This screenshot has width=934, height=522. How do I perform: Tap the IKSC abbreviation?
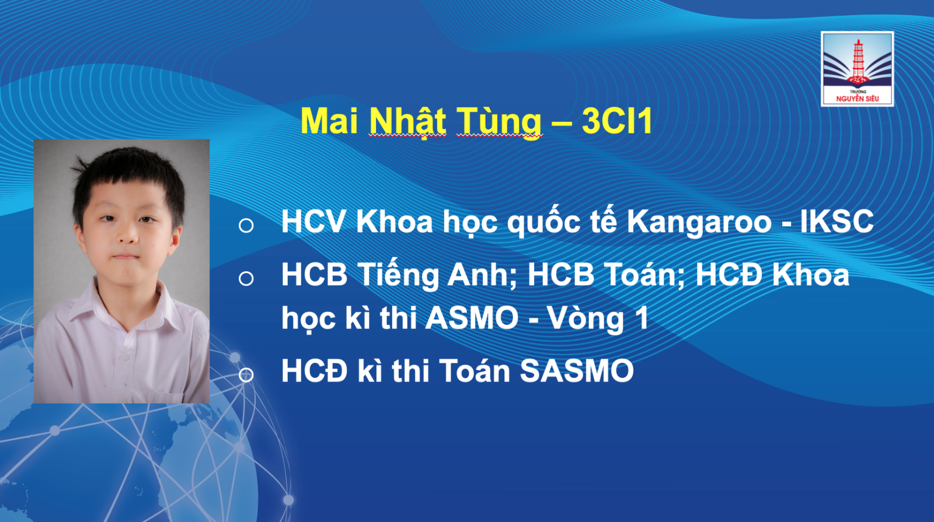coord(837,221)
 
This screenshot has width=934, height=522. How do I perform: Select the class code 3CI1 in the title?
coord(617,121)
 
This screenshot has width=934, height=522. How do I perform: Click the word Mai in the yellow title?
coord(329,121)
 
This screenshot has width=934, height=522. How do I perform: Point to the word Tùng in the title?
coord(499,122)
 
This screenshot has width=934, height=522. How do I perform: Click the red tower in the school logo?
coord(858,62)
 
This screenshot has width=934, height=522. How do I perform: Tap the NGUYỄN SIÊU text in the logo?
coord(858,99)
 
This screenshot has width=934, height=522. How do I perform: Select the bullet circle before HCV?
coord(246,225)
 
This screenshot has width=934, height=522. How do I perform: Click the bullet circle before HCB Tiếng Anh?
coord(246,278)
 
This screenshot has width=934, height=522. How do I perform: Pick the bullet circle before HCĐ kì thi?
coord(246,374)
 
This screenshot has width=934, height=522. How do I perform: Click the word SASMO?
coord(577,370)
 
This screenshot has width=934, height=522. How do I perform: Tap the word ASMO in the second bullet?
coord(472,318)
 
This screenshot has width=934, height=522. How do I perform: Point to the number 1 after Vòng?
coord(642,318)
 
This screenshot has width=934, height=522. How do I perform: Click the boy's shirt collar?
coord(125,304)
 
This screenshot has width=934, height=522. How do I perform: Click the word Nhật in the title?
coord(407,122)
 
